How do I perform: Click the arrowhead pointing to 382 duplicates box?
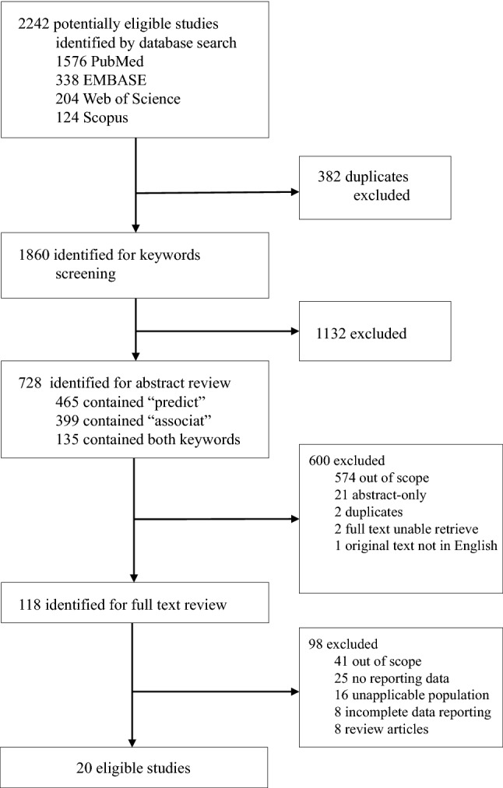pos(294,192)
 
